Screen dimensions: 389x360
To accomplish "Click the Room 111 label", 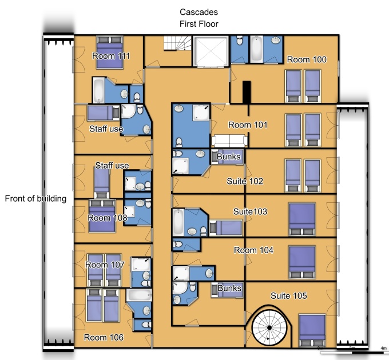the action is point(111,56).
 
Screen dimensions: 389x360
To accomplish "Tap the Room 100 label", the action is point(307,59).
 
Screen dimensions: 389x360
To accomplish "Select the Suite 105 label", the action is point(288,295).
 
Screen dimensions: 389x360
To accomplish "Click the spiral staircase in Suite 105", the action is point(269,327).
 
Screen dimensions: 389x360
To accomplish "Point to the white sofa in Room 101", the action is point(229,141).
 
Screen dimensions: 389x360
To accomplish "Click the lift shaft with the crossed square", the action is point(211,51).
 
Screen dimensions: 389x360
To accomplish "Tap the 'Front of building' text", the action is point(35,199).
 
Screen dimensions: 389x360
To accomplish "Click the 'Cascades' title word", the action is point(199,12).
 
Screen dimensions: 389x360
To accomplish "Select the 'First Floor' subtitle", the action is point(199,24).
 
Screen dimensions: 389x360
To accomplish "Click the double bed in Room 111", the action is point(110,52).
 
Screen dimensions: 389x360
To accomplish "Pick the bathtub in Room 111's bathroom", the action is point(98,90).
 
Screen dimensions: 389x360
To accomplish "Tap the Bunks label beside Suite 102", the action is point(228,157).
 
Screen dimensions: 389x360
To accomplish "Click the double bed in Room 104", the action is point(302,262).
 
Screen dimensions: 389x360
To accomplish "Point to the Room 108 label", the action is point(108,218).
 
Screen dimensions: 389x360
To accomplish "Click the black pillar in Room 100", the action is point(247,92).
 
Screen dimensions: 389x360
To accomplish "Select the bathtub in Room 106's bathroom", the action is point(139,295).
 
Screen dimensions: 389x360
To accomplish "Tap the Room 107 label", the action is point(105,265).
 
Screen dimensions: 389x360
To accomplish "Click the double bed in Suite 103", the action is point(302,219).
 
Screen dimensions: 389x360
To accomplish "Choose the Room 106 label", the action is point(104,337).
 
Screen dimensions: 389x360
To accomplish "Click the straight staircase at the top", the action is point(177,43).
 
